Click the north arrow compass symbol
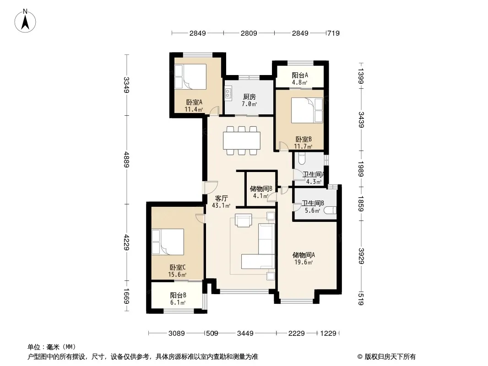tap(25, 21)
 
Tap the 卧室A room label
tap(194, 102)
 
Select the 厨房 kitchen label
tap(249, 97)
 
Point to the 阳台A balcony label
tap(300, 75)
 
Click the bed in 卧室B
tap(307, 110)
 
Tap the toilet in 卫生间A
tap(302, 159)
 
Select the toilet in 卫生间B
tap(330, 210)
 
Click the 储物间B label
tap(261, 188)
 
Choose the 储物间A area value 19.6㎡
tap(304, 262)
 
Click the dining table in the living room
tap(242, 140)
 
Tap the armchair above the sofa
tap(244, 221)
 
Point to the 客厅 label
tap(222, 198)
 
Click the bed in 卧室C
tap(168, 242)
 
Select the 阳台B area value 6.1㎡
tap(178, 302)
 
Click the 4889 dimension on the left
tap(126, 160)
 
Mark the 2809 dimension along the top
tap(249, 33)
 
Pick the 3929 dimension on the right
tap(361, 256)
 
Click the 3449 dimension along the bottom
tap(245, 334)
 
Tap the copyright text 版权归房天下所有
tap(390, 357)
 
